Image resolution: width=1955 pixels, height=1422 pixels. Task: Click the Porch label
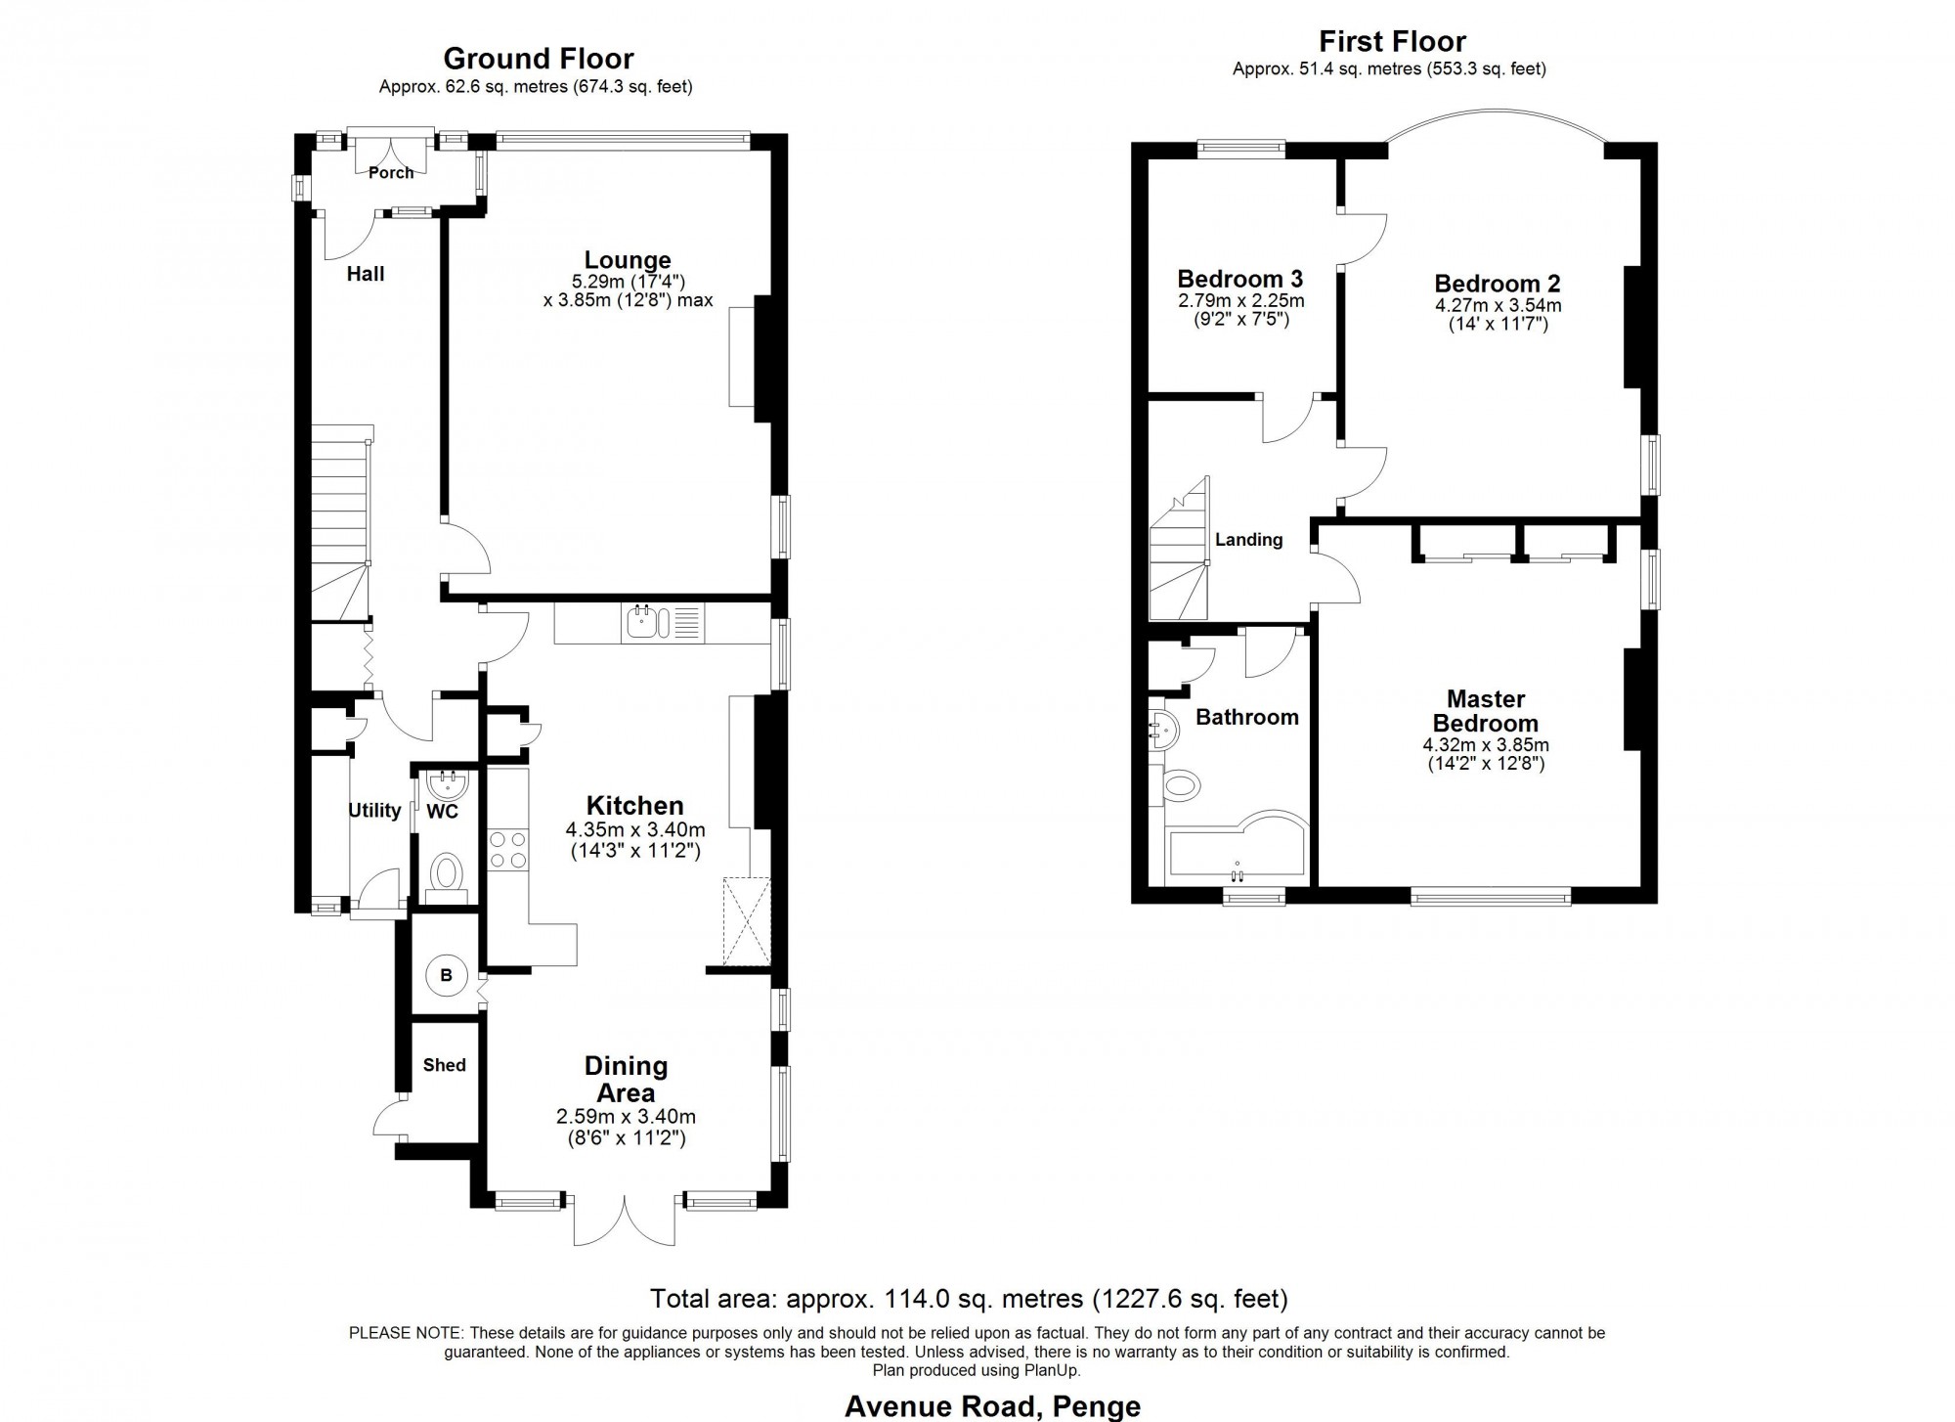(391, 173)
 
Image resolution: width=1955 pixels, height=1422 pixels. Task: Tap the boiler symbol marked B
(447, 975)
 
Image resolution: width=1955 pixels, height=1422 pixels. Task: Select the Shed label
(445, 1065)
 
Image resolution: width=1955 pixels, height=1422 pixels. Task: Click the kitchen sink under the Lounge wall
(662, 623)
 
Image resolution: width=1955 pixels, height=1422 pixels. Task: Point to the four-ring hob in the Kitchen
(507, 848)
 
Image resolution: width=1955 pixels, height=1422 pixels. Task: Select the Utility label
(374, 811)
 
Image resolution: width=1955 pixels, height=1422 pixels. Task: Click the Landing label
(1248, 540)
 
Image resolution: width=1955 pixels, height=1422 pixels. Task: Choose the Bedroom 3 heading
(1240, 279)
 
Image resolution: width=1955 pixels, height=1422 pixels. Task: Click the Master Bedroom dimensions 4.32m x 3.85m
(1486, 744)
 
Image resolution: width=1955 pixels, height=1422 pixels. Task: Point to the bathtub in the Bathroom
(1236, 843)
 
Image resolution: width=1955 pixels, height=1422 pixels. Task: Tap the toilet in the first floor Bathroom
(1179, 784)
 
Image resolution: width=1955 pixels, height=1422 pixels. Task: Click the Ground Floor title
(539, 59)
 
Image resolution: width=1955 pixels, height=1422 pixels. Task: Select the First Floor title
(1392, 42)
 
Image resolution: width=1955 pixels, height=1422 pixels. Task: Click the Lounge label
(628, 260)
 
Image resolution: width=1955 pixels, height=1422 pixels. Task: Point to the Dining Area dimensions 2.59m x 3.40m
(626, 1117)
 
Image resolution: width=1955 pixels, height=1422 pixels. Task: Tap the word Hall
(366, 274)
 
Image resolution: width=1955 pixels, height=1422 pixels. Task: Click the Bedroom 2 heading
(1498, 284)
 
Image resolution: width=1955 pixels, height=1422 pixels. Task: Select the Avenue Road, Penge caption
(992, 1406)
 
